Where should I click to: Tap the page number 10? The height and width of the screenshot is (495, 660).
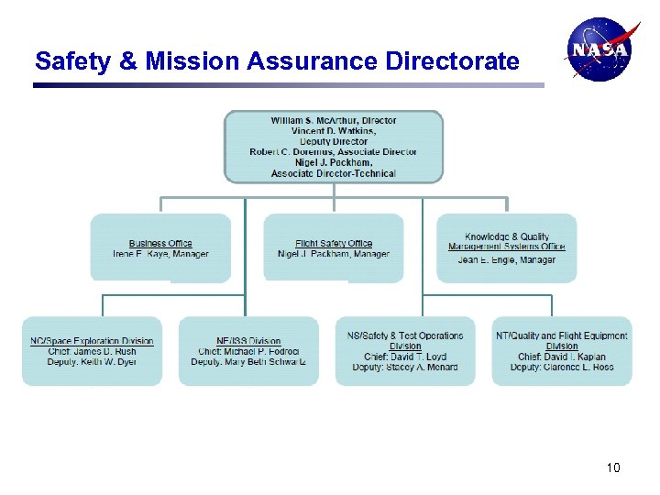coord(613,468)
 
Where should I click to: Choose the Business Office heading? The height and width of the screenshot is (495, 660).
coord(160,244)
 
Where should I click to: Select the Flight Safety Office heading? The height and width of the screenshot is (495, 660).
coord(334,244)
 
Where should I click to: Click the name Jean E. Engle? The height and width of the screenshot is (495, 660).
coord(488,260)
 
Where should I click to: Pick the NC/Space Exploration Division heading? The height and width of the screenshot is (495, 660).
coord(92,342)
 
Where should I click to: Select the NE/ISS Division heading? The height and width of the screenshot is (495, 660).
coord(248,342)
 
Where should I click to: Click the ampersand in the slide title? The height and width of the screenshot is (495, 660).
coord(128,61)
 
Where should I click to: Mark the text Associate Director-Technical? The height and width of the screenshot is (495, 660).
coord(334,173)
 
